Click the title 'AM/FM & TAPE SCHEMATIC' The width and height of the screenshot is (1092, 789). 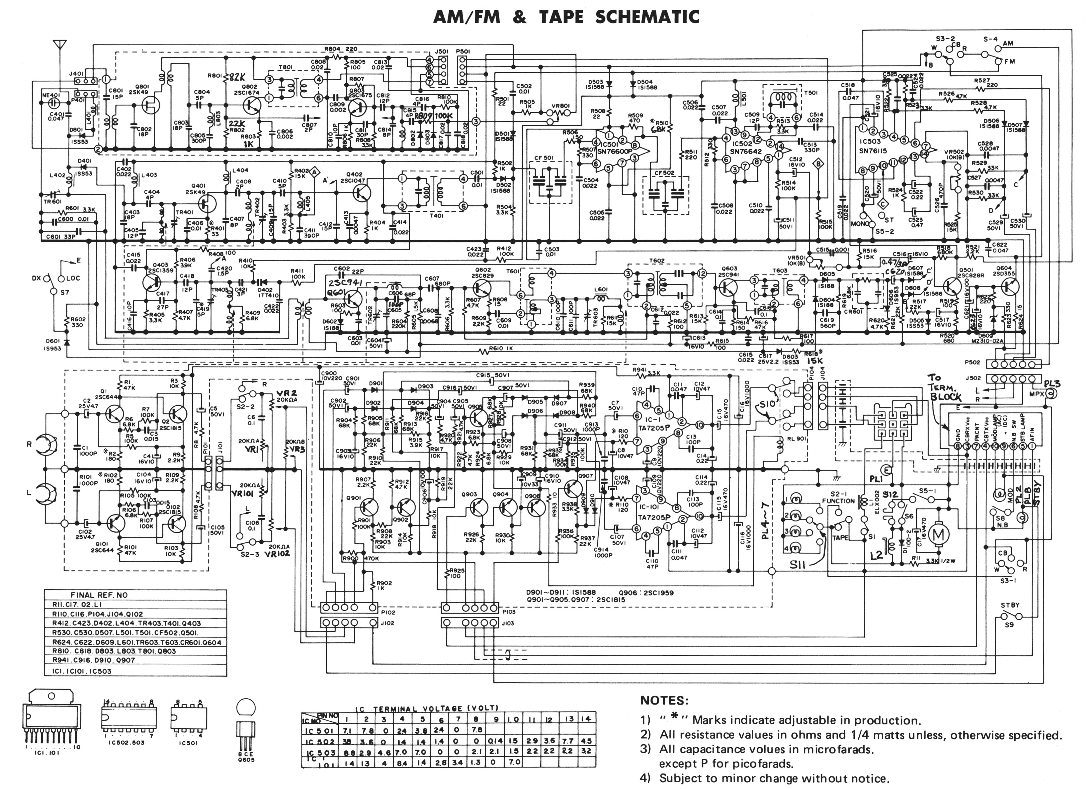pyautogui.click(x=566, y=17)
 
